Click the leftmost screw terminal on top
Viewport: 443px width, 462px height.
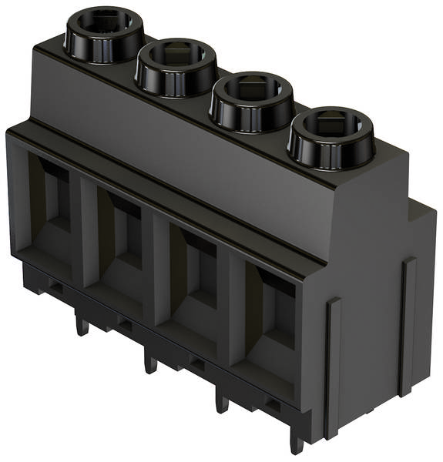click(103, 36)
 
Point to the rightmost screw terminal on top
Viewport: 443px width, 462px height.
click(331, 136)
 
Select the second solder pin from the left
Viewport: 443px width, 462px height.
click(150, 361)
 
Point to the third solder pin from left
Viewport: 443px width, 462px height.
click(222, 400)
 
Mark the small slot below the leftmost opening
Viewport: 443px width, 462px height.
click(55, 286)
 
